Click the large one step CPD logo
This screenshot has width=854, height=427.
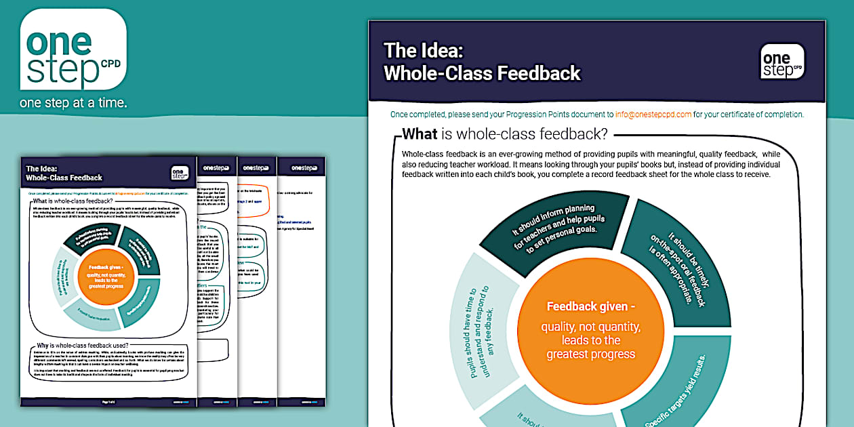[73, 52]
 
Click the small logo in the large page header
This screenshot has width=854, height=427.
[782, 62]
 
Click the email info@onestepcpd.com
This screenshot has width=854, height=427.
[653, 114]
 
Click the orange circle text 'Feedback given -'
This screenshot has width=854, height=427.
[590, 306]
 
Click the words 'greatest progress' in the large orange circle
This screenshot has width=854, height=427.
[590, 354]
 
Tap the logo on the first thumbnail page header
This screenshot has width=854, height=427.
[179, 174]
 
